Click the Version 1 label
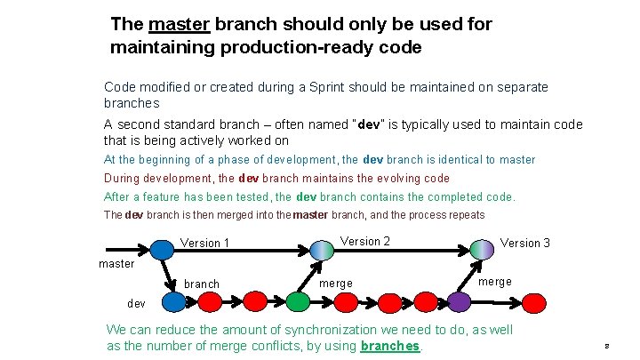204,244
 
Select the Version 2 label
365,241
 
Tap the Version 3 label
524,243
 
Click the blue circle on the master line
162,248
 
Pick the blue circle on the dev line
174,302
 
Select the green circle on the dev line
298,302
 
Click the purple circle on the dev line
459,302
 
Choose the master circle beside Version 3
483,248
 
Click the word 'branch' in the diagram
201,284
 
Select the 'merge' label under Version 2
335,283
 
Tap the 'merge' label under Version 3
495,282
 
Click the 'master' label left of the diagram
116,263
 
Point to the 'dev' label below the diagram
136,303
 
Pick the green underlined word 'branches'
390,346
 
